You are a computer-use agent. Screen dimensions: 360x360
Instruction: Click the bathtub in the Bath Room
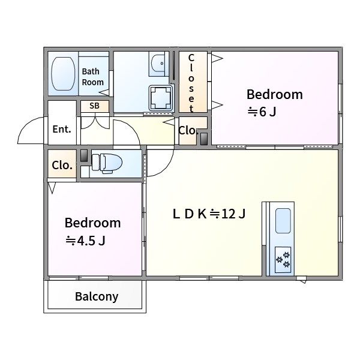click(x=63, y=74)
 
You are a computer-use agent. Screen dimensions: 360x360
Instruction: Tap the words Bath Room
click(x=93, y=77)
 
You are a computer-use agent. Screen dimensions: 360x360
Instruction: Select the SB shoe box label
click(x=94, y=106)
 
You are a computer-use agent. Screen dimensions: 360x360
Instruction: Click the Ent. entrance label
click(x=62, y=129)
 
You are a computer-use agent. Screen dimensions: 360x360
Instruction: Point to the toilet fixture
click(x=107, y=163)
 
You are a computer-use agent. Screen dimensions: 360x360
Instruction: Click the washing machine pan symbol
click(x=161, y=98)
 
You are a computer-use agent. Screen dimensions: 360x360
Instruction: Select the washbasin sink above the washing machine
click(x=158, y=64)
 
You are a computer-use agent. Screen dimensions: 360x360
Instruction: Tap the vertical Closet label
click(x=191, y=83)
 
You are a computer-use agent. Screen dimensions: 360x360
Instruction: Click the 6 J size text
click(x=262, y=112)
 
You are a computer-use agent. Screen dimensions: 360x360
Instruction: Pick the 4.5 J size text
click(x=85, y=241)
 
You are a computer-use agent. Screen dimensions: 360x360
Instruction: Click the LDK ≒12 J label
click(x=209, y=214)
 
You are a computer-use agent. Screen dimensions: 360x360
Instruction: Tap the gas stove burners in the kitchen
click(x=283, y=260)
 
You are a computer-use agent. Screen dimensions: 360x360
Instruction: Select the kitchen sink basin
click(x=283, y=221)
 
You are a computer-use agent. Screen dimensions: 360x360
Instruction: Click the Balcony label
click(x=97, y=296)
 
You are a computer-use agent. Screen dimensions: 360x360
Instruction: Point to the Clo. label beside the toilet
click(x=62, y=165)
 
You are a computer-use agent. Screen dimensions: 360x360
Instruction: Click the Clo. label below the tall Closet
click(x=188, y=131)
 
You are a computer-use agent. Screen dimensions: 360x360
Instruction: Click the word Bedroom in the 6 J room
click(x=275, y=94)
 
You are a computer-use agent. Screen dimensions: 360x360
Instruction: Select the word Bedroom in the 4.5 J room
click(x=92, y=223)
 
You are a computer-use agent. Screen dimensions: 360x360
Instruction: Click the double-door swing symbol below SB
click(x=95, y=123)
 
